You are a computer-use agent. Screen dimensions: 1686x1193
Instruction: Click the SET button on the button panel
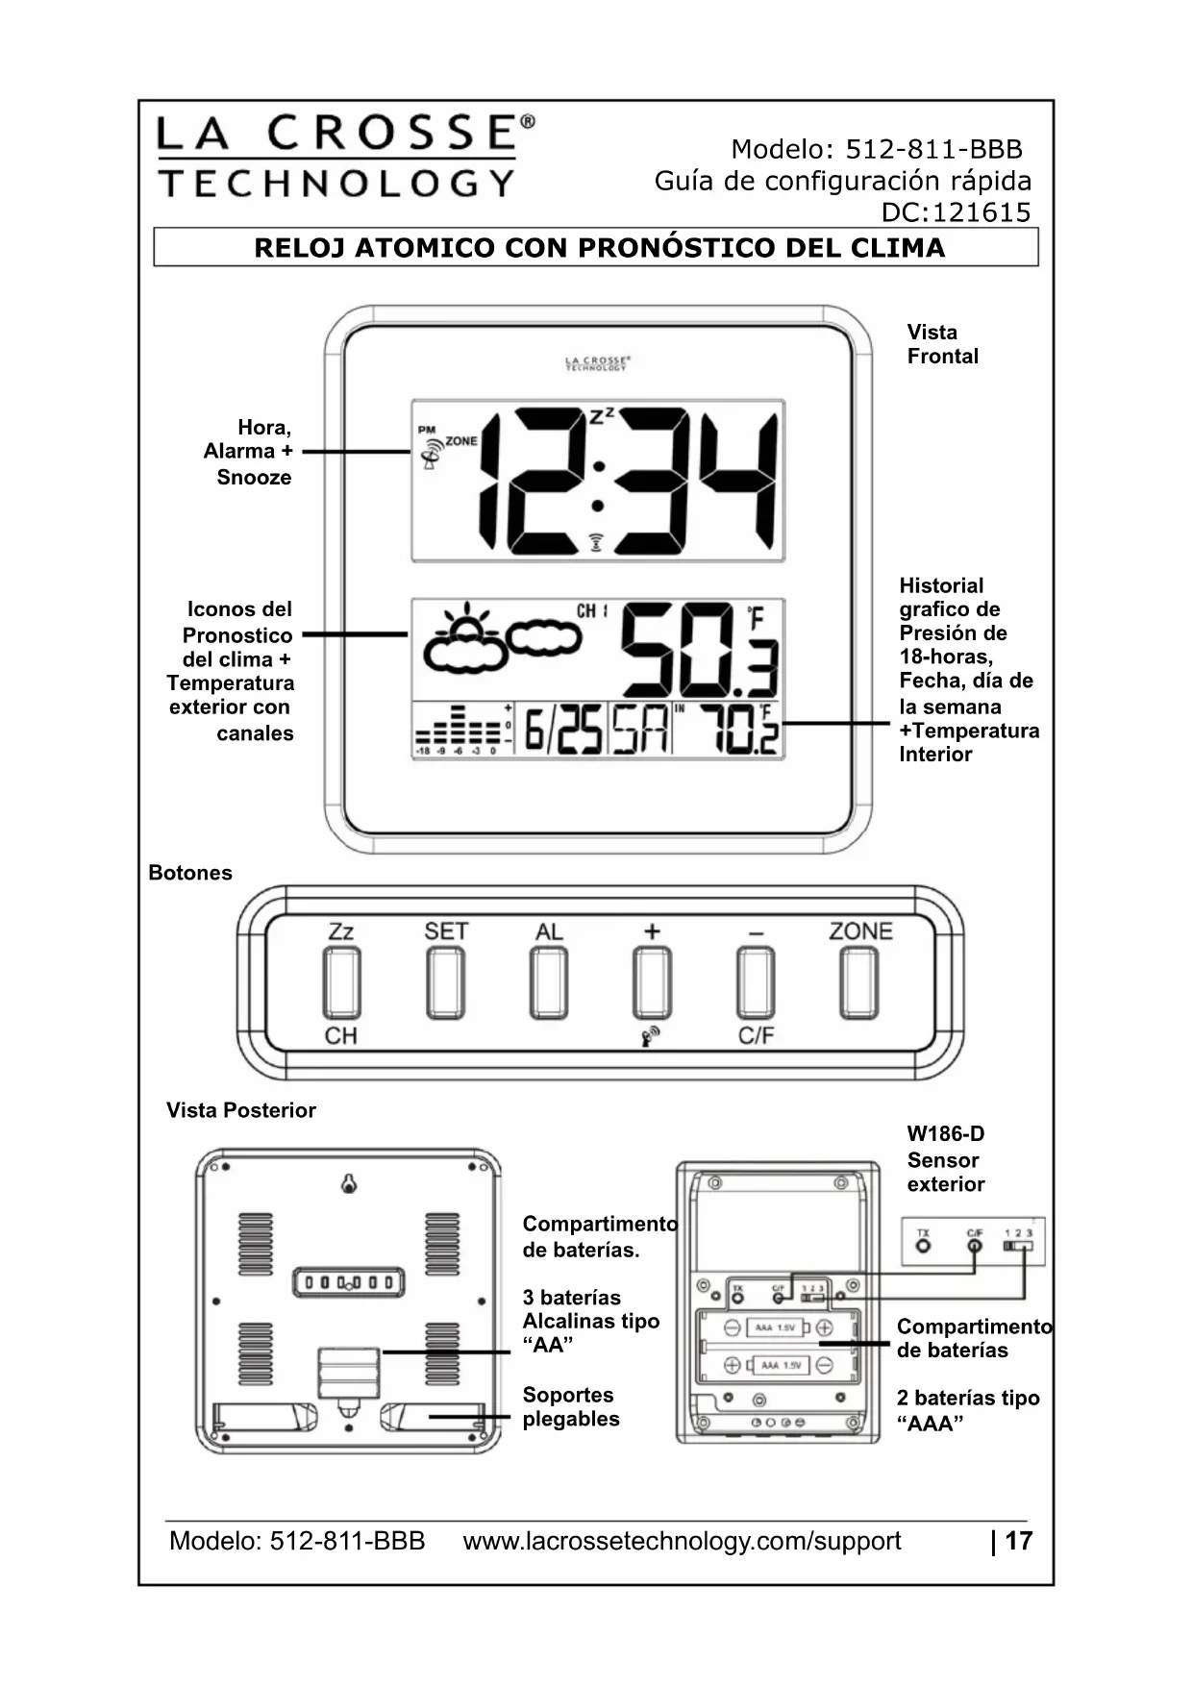[x=445, y=982]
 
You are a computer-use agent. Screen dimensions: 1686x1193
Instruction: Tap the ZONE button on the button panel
[x=858, y=982]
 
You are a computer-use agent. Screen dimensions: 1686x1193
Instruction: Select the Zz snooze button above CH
[x=341, y=982]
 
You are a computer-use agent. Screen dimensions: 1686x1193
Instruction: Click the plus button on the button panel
[x=652, y=982]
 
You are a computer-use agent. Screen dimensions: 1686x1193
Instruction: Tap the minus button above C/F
[x=756, y=982]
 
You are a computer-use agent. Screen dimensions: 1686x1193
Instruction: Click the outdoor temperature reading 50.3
[x=697, y=649]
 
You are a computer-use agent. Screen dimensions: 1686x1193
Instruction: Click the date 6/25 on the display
[x=562, y=731]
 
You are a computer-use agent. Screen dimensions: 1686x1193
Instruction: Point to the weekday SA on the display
[x=640, y=731]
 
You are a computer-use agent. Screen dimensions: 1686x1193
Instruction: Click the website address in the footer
[x=682, y=1541]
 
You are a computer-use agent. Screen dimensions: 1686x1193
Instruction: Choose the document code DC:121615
[x=956, y=212]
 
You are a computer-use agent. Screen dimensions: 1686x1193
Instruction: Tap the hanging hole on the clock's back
[x=349, y=1185]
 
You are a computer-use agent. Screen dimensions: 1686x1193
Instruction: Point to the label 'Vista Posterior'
[x=240, y=1110]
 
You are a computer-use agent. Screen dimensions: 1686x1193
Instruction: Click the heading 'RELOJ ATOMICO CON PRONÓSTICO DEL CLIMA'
[x=599, y=248]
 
